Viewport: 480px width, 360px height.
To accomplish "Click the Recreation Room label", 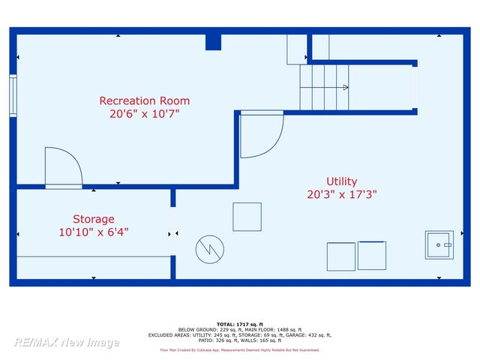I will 145,100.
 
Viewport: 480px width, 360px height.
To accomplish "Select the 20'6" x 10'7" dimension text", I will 145,114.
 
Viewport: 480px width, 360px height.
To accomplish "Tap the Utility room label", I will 341,181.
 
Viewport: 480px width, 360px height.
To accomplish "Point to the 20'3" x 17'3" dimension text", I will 341,194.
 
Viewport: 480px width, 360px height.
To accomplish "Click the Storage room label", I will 94,219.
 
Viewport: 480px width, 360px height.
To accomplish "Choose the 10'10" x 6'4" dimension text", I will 94,232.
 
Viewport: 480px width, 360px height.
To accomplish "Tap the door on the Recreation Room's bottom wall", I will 64,168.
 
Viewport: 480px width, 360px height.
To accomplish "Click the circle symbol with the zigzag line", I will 210,249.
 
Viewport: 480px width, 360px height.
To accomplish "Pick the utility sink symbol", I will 439,244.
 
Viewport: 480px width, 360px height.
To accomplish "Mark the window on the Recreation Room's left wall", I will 13,95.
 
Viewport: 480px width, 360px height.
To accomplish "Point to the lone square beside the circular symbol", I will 247,217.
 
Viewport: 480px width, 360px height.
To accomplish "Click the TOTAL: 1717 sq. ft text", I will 239,323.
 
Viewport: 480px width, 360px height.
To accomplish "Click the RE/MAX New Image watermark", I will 66,342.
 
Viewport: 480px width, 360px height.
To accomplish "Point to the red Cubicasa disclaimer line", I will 239,350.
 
